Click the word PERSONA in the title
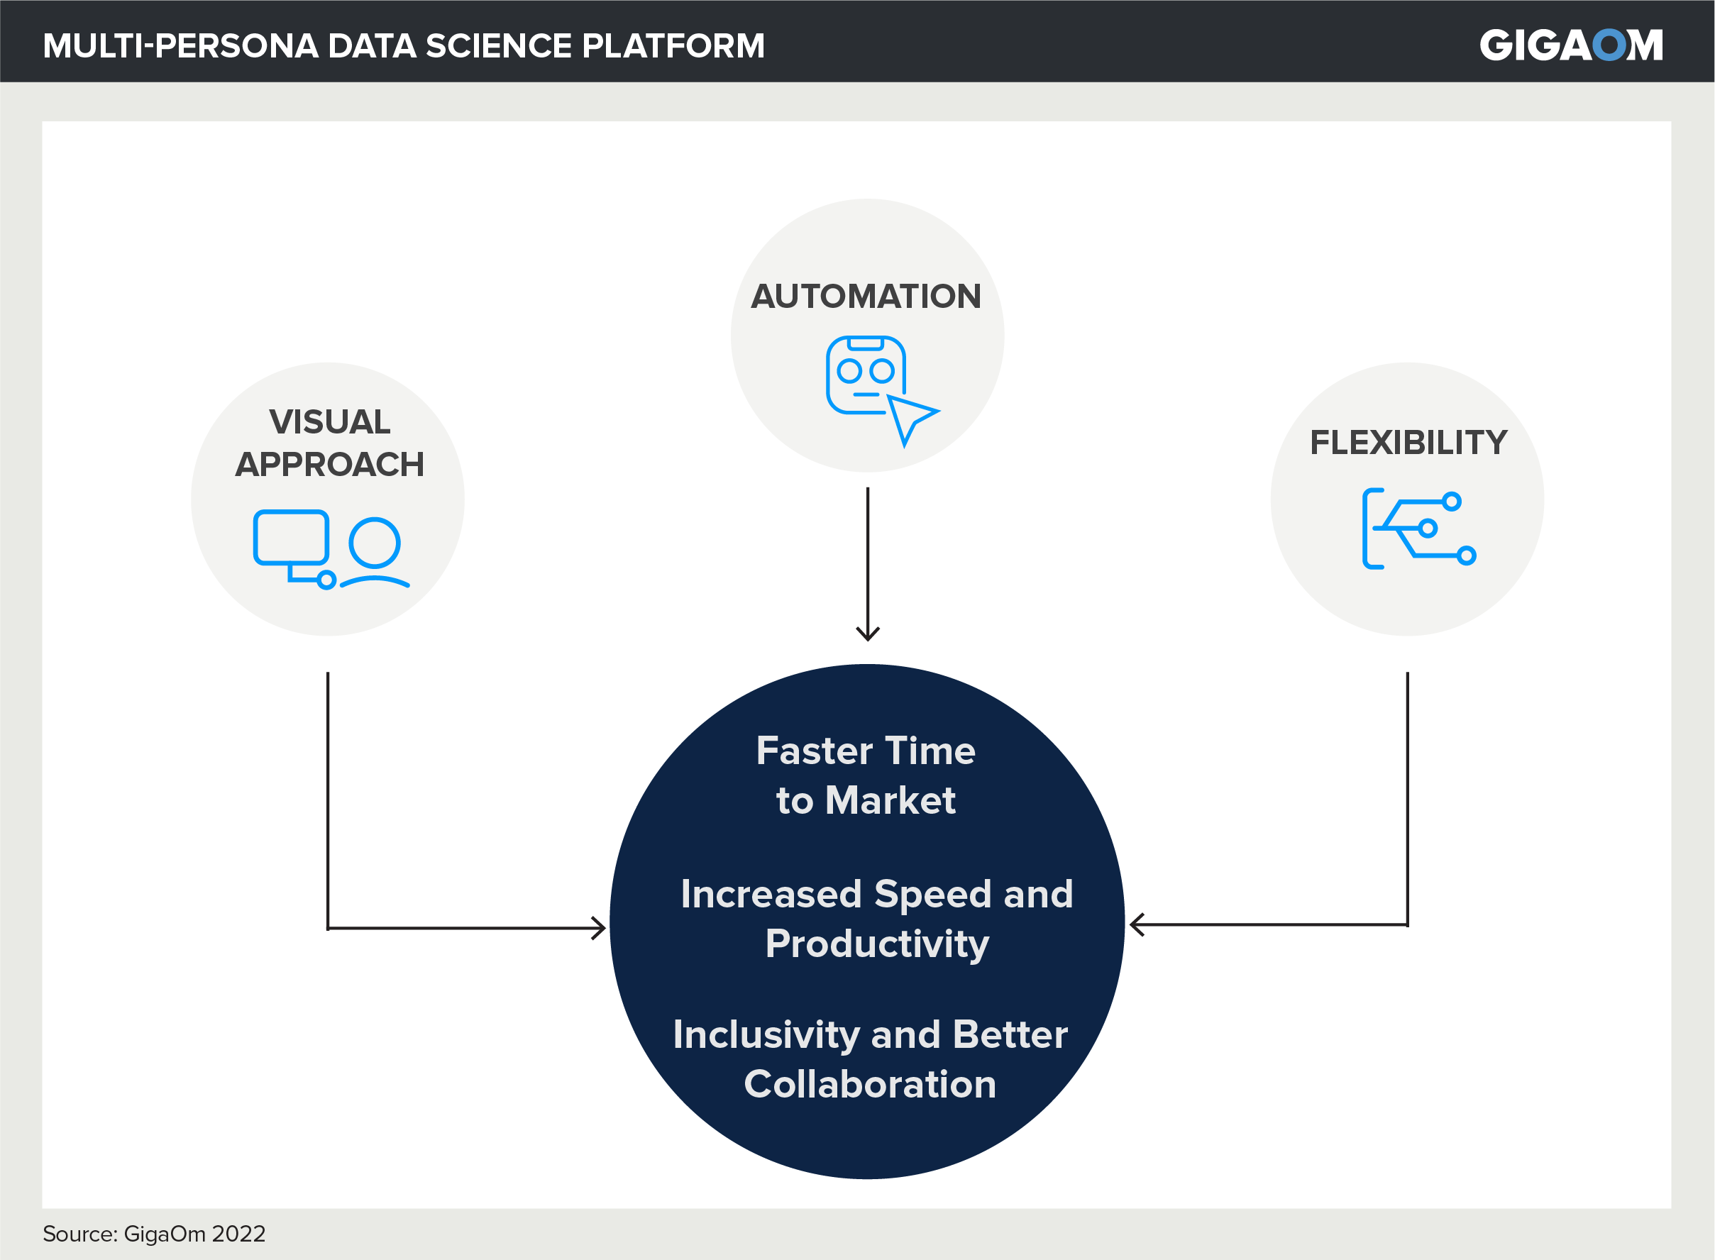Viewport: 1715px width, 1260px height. [x=236, y=46]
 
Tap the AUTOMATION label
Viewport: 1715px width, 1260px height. [x=866, y=296]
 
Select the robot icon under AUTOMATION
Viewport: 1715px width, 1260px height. [x=866, y=375]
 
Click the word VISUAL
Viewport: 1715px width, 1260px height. [x=329, y=422]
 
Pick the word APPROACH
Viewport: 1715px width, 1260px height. [x=329, y=465]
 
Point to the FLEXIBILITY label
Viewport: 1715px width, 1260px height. [x=1408, y=443]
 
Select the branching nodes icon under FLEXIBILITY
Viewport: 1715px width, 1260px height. [x=1418, y=529]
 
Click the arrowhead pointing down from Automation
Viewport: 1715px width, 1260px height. [x=867, y=633]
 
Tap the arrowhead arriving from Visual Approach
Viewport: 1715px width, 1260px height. [x=599, y=928]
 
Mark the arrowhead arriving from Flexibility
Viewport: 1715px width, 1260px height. [x=1137, y=924]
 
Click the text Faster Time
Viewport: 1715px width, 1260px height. [x=866, y=751]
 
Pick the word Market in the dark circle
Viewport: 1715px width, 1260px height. [x=890, y=800]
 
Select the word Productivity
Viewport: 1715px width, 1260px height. [x=877, y=944]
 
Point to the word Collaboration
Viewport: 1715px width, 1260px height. [x=870, y=1084]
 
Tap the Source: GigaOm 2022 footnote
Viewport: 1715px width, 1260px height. [x=154, y=1233]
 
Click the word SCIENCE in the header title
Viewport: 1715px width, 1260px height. [x=497, y=46]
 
